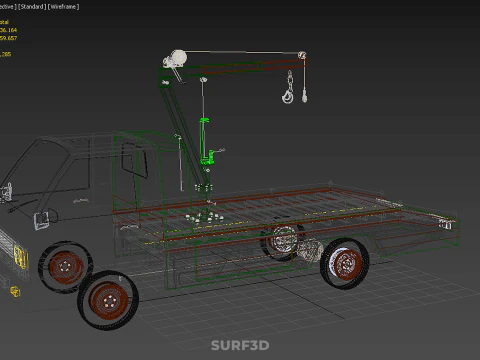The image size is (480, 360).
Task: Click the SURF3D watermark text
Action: tap(240, 346)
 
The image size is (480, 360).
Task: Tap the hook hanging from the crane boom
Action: tap(288, 95)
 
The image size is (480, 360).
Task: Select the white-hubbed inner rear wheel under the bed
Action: tap(283, 243)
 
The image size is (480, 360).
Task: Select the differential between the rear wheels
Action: tap(310, 250)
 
